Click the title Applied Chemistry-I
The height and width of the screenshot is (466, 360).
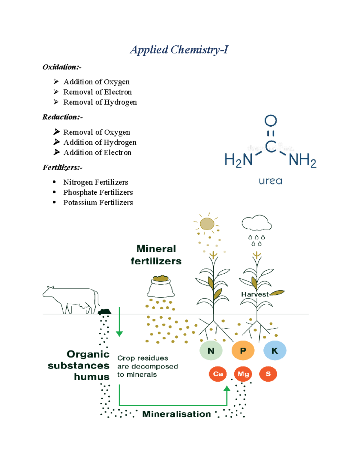coord(179,50)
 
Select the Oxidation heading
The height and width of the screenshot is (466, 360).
coord(62,67)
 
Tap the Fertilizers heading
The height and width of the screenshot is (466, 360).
coord(62,167)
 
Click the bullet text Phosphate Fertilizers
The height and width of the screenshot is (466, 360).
coord(98,192)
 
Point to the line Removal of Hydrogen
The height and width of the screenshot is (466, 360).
coord(100,102)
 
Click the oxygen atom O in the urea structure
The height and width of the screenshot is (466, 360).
coord(271,121)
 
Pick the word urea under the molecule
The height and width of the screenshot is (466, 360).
coord(270,181)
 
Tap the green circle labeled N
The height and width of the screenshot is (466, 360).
coord(211,350)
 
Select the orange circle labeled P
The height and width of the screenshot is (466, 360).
coord(243,350)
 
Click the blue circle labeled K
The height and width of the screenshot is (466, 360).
coord(274,350)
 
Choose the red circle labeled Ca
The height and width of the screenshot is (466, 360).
coord(218,374)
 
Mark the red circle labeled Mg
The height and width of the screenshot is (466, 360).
coord(243,374)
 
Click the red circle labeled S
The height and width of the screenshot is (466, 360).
coord(268,374)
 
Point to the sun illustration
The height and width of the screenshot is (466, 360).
coord(207,224)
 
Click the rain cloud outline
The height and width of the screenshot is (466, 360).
coord(256,223)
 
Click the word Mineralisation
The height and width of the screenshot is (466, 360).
coord(176,414)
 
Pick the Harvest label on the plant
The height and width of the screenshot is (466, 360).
coord(255,294)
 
